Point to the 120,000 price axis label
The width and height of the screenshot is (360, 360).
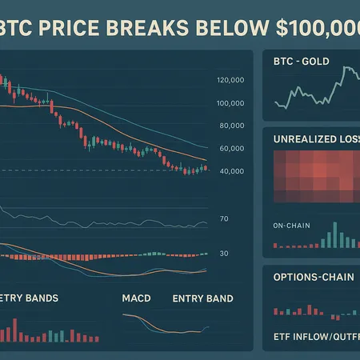(230, 80)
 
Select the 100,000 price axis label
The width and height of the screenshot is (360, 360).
(230, 103)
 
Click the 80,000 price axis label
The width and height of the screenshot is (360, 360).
(230, 126)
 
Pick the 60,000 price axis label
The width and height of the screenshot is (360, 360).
(230, 149)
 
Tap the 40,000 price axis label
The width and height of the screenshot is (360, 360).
(230, 171)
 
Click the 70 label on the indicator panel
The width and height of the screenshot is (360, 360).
(224, 218)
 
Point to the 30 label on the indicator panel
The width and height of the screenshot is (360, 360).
(224, 254)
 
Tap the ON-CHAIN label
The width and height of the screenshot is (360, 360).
(291, 224)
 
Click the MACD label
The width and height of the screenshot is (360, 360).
(137, 298)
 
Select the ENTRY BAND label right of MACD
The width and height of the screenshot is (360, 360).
(202, 298)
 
